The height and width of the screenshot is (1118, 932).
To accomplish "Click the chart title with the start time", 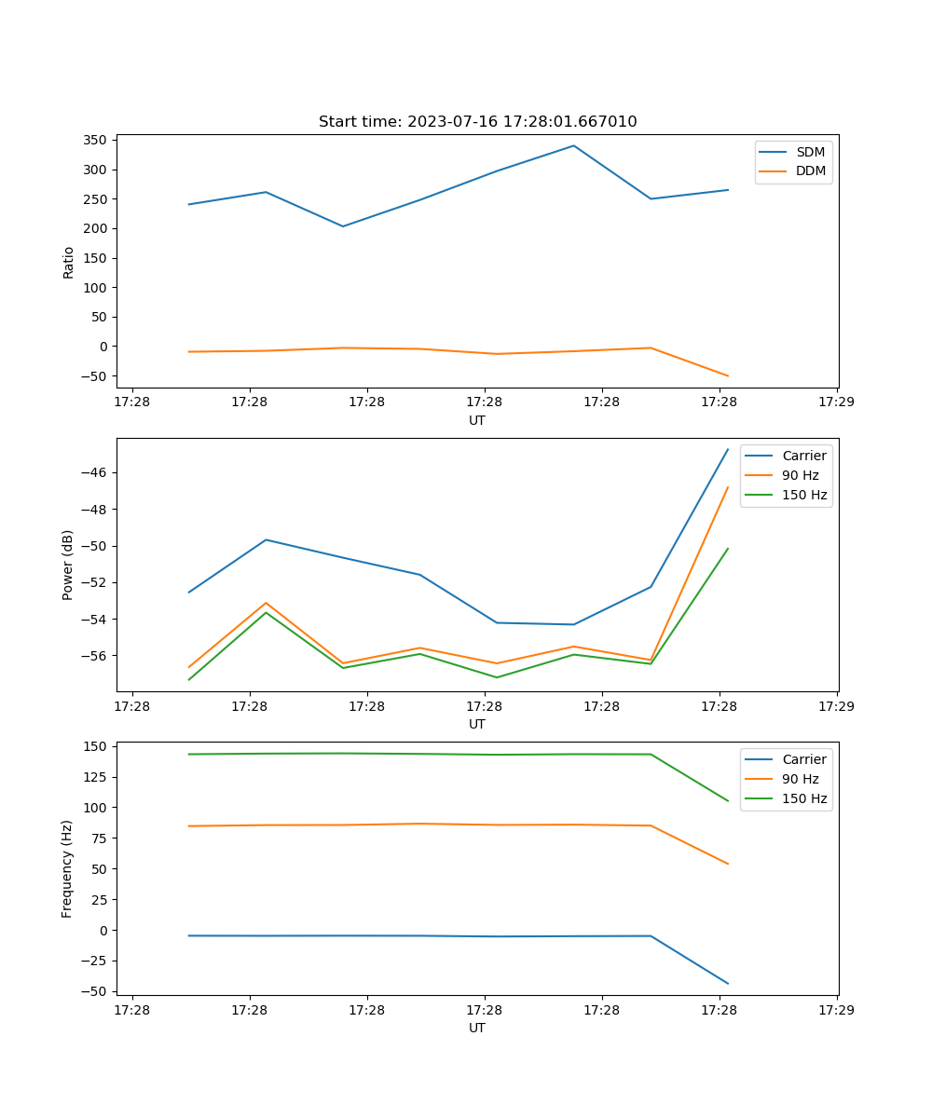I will click(477, 122).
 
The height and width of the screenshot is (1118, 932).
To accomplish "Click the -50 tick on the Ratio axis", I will click(94, 375).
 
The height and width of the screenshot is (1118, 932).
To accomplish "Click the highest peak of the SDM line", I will click(573, 145).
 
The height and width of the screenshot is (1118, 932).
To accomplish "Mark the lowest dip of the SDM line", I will click(343, 226).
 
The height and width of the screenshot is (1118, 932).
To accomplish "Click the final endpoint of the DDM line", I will click(728, 375).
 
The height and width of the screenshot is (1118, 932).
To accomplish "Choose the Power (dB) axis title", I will click(68, 565).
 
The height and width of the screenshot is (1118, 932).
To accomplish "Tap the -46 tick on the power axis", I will click(97, 472).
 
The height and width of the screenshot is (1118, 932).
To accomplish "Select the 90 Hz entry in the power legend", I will click(800, 475).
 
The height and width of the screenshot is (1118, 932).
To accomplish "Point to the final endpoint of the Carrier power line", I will click(728, 449).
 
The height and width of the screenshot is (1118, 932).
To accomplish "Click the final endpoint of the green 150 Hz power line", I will click(728, 549).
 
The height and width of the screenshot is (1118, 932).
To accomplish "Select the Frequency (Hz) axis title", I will click(68, 868).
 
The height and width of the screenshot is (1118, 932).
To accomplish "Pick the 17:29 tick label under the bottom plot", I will click(836, 1010).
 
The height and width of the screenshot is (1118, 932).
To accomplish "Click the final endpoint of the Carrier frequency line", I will click(728, 983).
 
